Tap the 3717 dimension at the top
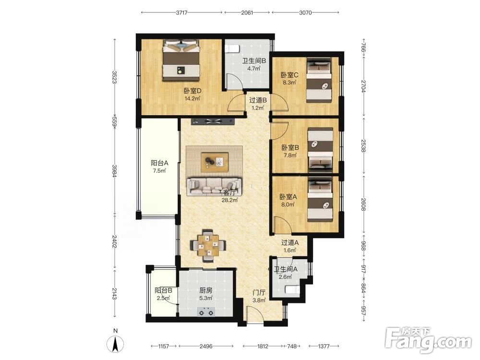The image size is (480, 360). click(182, 12)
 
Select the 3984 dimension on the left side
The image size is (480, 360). click(115, 171)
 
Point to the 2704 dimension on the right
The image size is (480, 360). click(363, 86)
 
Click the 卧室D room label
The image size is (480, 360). click(192, 91)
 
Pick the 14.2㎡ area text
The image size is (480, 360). click(192, 98)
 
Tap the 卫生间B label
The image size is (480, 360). click(254, 61)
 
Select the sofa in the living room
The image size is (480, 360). click(214, 186)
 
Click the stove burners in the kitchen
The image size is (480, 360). click(206, 312)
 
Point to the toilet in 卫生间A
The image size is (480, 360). click(293, 289)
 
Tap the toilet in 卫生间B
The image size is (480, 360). click(232, 48)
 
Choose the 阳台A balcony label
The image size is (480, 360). click(159, 163)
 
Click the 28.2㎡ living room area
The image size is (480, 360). click(230, 200)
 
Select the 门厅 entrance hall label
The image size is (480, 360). click(259, 293)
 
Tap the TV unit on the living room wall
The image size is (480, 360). click(213, 121)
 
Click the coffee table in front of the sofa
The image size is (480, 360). click(215, 162)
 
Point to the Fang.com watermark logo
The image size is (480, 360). click(428, 340)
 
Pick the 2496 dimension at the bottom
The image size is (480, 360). click(206, 346)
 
